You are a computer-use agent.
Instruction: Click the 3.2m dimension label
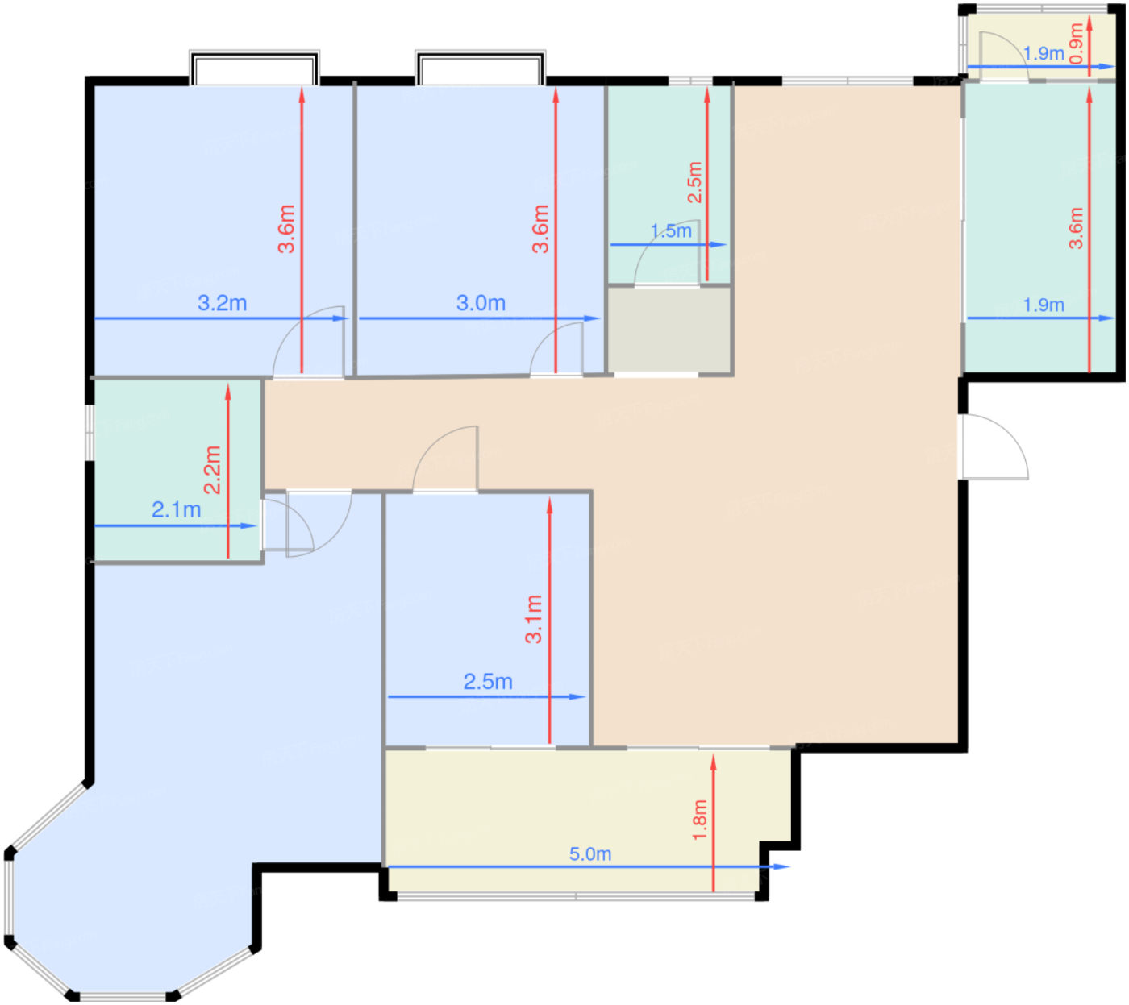point(222,303)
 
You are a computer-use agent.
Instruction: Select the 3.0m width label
point(481,303)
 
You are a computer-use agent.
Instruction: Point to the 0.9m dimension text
point(1077,43)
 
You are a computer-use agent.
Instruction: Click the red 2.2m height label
point(212,470)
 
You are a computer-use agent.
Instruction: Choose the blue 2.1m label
point(176,509)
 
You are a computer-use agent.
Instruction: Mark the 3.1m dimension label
point(533,619)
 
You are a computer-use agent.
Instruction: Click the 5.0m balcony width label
point(589,853)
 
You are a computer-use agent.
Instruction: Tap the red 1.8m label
point(699,820)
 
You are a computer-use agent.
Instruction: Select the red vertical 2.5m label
point(694,182)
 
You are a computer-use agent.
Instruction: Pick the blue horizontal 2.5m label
point(488,681)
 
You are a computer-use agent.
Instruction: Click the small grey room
point(669,330)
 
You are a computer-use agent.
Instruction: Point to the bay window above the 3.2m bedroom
point(254,68)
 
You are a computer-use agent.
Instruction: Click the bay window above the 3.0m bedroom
point(480,68)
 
